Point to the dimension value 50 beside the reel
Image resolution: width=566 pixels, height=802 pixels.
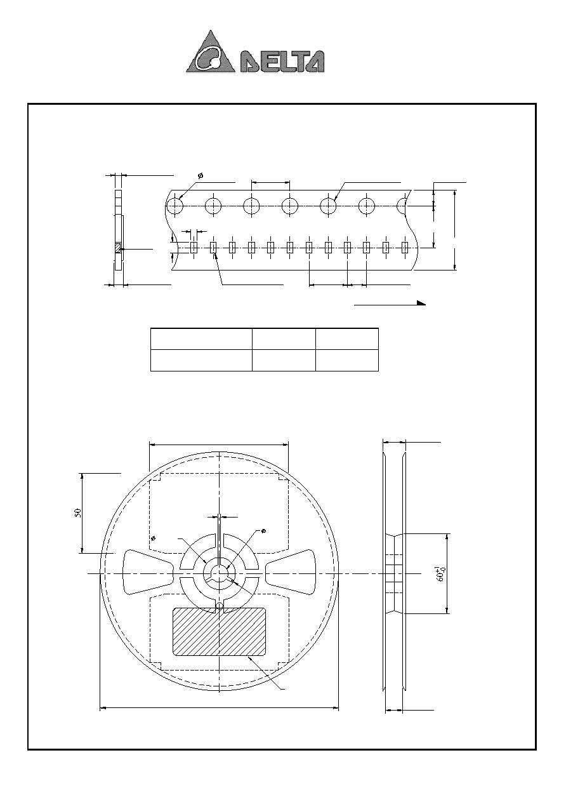pyautogui.click(x=78, y=512)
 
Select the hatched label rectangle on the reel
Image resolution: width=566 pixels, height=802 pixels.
pyautogui.click(x=220, y=632)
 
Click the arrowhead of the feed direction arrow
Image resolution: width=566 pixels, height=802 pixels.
pyautogui.click(x=421, y=303)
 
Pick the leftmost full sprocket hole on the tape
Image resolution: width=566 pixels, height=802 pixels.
pyautogui.click(x=174, y=206)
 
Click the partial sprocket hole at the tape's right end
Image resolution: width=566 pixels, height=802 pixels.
pyautogui.click(x=402, y=206)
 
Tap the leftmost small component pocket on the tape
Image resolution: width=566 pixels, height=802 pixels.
pyautogui.click(x=194, y=248)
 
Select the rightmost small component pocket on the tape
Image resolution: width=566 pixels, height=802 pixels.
pyautogui.click(x=405, y=248)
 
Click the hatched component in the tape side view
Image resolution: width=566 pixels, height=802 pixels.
pyautogui.click(x=118, y=248)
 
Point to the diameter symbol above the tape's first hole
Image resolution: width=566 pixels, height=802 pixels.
pyautogui.click(x=201, y=176)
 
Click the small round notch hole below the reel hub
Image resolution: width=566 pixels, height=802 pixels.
pyautogui.click(x=220, y=606)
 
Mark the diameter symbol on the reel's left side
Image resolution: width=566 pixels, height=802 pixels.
pyautogui.click(x=153, y=538)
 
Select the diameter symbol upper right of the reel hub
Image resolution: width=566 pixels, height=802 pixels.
pyautogui.click(x=263, y=531)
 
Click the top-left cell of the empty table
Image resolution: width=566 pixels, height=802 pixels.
pyautogui.click(x=201, y=338)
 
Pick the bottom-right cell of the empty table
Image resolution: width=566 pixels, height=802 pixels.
pyautogui.click(x=347, y=361)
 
